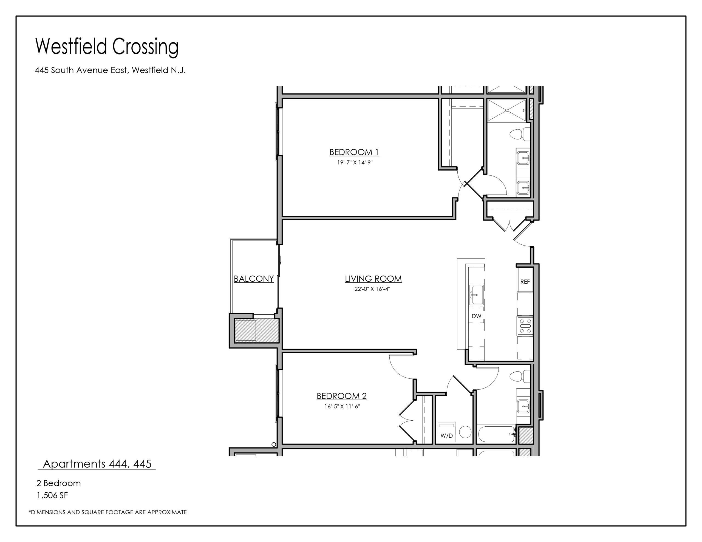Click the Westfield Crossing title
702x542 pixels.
(x=107, y=47)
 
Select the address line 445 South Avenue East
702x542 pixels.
(x=110, y=70)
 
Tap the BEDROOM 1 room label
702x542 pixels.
(x=354, y=152)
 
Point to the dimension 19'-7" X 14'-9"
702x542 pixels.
(x=355, y=162)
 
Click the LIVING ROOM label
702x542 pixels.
(x=373, y=279)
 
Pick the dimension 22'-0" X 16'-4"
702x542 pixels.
(x=372, y=289)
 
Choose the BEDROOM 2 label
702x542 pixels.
(x=342, y=396)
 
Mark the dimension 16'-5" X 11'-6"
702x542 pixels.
(x=342, y=406)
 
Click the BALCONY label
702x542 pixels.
(x=254, y=279)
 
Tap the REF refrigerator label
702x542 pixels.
(x=525, y=282)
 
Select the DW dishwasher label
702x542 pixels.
(x=476, y=316)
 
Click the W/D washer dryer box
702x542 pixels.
(x=447, y=432)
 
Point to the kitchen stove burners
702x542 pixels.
(x=525, y=326)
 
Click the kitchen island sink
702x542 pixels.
(x=476, y=295)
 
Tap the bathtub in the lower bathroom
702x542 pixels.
(x=497, y=434)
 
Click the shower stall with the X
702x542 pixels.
(x=507, y=110)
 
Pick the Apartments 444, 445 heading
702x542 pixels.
(x=97, y=464)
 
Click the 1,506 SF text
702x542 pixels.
(x=52, y=495)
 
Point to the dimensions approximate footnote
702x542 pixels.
(x=108, y=512)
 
